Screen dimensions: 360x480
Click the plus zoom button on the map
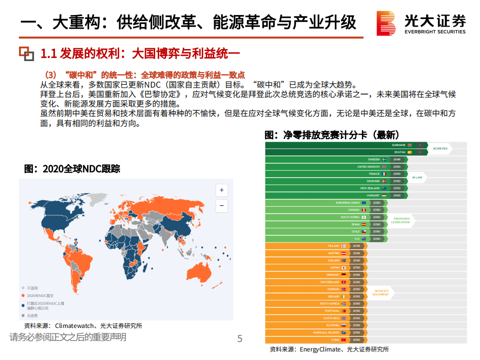pyautogui.click(x=221, y=190)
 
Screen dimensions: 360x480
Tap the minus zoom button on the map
pyautogui.click(x=221, y=205)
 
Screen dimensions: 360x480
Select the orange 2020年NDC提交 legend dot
pyautogui.click(x=23, y=295)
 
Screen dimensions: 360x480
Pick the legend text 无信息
pyautogui.click(x=34, y=315)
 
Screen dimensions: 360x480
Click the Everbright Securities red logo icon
pyautogui.click(x=386, y=24)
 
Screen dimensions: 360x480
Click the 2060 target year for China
pyautogui.click(x=356, y=340)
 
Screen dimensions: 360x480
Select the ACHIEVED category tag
pyautogui.click(x=440, y=149)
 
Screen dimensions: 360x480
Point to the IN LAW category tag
pyautogui.click(x=417, y=177)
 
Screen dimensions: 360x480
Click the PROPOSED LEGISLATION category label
pyautogui.click(x=401, y=220)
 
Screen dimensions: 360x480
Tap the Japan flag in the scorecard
pyautogui.click(x=343, y=268)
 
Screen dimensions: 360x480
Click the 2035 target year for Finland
pyautogui.click(x=356, y=246)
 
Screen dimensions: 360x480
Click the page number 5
pyautogui.click(x=240, y=339)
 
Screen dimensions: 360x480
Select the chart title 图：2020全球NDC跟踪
pyautogui.click(x=72, y=169)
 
